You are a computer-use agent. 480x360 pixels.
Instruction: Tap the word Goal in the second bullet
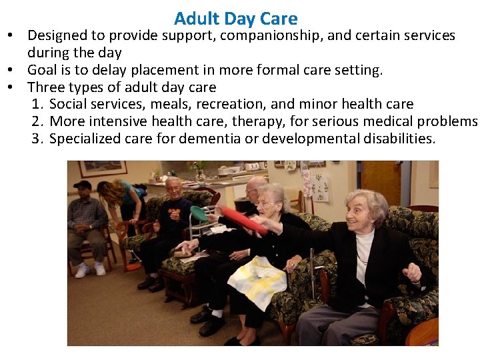pos(43,69)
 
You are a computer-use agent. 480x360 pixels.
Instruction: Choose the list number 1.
pos(37,104)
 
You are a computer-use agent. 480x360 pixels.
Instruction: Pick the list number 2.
pos(37,121)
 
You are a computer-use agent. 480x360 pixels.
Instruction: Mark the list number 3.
pos(37,139)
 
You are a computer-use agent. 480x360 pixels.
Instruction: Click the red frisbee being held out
pos(244,220)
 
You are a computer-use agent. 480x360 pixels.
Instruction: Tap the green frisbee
pos(199,213)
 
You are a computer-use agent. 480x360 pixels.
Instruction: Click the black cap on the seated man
pos(82,185)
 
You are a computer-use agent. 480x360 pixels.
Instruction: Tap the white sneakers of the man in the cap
pos(91,269)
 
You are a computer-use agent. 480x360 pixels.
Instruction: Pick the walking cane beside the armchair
pos(311,273)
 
